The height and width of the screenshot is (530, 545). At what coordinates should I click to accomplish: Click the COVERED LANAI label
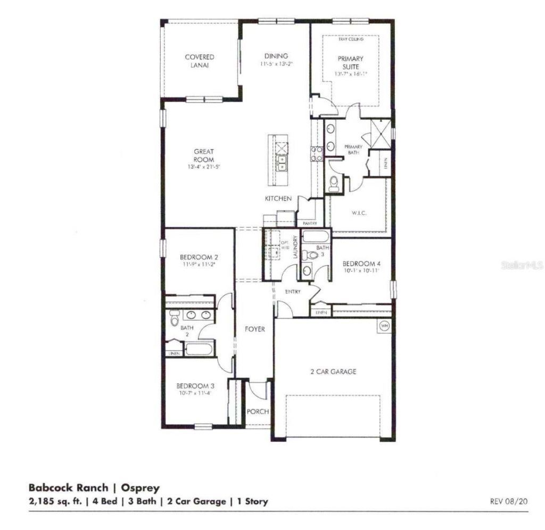(200, 61)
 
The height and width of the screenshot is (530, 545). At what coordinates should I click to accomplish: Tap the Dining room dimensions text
(277, 64)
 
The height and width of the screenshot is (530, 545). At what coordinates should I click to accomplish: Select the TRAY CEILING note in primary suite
(350, 39)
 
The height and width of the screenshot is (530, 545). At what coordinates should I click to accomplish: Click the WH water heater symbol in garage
(384, 325)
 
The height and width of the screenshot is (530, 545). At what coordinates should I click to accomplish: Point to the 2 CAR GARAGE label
(333, 372)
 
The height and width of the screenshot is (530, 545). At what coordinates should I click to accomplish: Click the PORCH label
(258, 411)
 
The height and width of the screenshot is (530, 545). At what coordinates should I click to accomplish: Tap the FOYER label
(255, 329)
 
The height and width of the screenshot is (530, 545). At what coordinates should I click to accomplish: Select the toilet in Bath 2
(175, 318)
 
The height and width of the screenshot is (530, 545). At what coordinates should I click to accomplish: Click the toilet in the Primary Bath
(334, 184)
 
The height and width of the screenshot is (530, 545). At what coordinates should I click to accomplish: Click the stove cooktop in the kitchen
(317, 154)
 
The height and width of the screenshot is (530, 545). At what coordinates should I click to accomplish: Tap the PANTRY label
(309, 223)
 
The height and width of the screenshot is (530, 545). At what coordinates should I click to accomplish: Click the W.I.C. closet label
(359, 213)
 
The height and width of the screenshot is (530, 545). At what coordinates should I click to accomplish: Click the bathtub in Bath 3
(316, 237)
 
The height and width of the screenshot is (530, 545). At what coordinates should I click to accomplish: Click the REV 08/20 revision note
(509, 501)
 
